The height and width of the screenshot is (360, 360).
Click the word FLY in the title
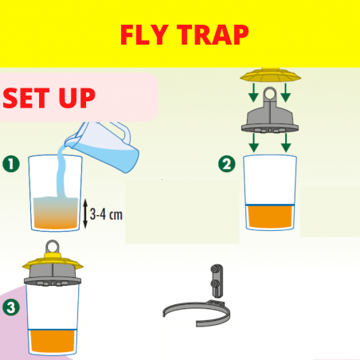pos(144,35)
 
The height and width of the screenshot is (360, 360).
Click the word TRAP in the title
pos(213,35)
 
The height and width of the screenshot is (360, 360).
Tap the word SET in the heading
pos(26,98)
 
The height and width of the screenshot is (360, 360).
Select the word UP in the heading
pos(77,98)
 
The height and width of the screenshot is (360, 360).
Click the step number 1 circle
pos(11,164)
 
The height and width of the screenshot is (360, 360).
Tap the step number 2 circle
pos(227,164)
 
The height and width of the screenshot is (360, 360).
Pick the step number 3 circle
pos(11,307)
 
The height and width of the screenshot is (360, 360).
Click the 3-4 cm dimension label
pos(106,214)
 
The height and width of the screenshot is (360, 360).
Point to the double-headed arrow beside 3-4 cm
pos(85,213)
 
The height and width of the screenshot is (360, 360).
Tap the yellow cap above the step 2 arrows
pos(270,75)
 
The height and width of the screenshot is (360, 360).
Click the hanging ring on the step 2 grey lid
pos(270,93)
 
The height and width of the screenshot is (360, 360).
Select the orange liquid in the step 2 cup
pos(270,217)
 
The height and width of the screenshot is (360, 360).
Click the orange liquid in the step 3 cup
pos(53,342)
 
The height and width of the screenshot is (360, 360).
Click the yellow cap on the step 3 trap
pos(53,261)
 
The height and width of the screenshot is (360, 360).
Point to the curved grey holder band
pos(197,313)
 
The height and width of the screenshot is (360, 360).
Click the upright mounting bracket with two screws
pos(217,280)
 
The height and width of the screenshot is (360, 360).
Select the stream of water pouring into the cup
pos(61,173)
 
